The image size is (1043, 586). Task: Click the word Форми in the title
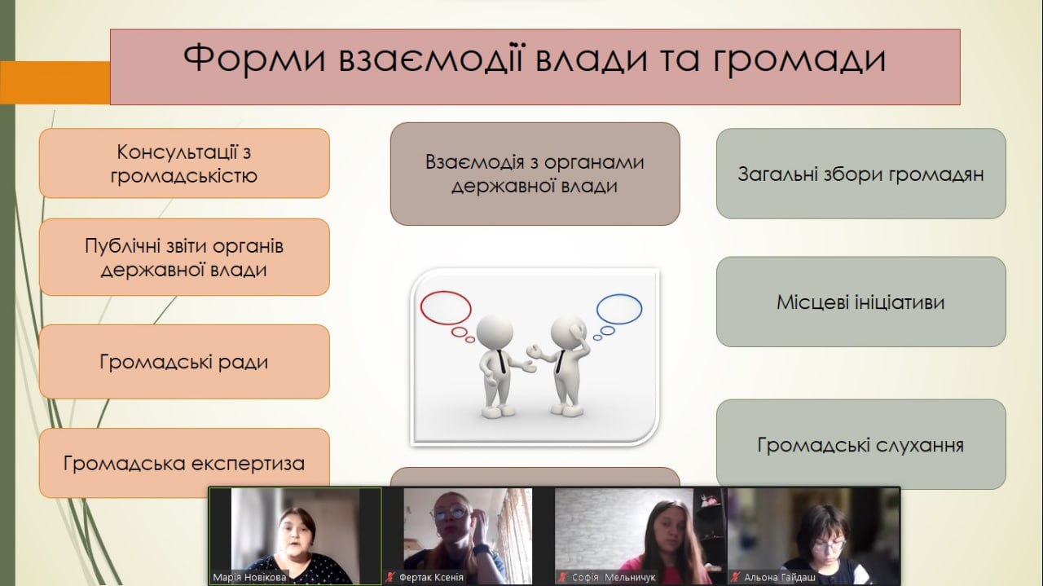[x=254, y=59]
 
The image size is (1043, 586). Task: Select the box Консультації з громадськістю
[x=184, y=164]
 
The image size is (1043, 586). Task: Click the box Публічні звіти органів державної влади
[x=184, y=257]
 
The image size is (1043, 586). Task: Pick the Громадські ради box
[x=184, y=362]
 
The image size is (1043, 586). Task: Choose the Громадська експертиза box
[x=184, y=463]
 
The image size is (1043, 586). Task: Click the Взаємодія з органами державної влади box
[x=535, y=174]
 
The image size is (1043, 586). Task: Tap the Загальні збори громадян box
[x=861, y=174]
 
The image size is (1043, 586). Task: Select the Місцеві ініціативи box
[x=861, y=302]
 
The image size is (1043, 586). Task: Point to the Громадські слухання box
[x=861, y=444]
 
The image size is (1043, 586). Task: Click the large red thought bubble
[x=446, y=292]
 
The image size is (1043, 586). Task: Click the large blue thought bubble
[x=619, y=294]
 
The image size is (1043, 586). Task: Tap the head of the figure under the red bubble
[x=495, y=333]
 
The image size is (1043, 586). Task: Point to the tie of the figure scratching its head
[x=560, y=362]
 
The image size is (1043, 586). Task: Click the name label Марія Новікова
[x=249, y=577]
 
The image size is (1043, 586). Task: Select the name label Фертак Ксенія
[x=431, y=578]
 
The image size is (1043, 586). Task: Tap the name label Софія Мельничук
[x=614, y=578]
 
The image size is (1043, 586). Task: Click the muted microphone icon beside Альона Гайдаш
[x=735, y=577]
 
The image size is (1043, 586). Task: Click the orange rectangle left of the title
[x=55, y=82]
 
